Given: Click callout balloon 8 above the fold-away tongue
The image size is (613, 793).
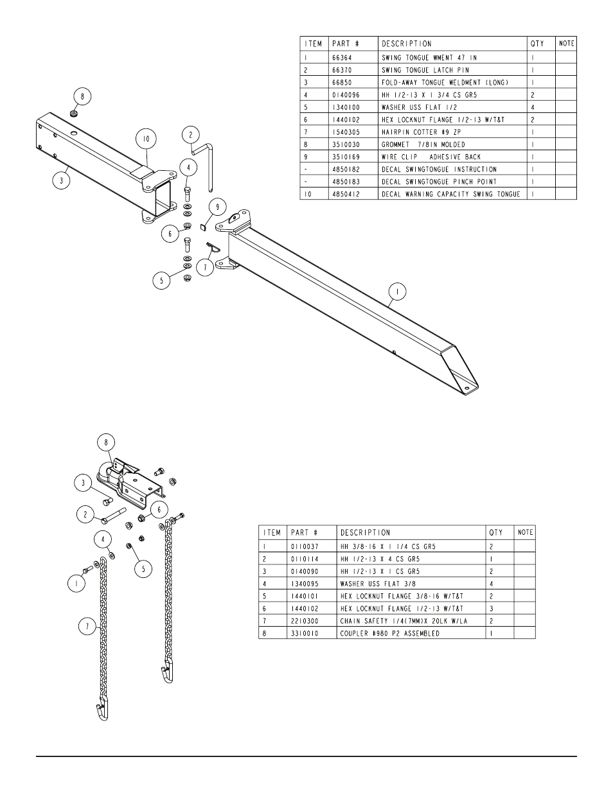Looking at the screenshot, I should click(x=82, y=97).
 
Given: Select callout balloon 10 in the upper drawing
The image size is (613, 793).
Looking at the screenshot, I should click(x=146, y=139).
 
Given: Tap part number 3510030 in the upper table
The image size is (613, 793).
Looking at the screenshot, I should click(x=346, y=144).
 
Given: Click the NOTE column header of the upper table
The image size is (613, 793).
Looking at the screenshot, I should click(x=566, y=43).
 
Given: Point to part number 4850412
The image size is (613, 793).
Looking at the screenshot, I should click(x=346, y=194).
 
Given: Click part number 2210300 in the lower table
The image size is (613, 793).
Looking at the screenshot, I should click(x=305, y=621).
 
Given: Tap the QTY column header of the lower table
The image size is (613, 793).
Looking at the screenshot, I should click(x=495, y=532).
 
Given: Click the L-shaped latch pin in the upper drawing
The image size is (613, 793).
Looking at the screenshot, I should click(x=207, y=164).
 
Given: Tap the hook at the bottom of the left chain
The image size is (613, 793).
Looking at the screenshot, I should click(x=101, y=711).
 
